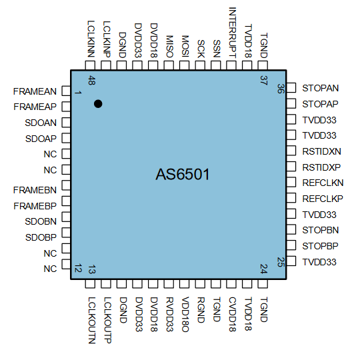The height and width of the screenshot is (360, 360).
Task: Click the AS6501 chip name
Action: coord(183,175)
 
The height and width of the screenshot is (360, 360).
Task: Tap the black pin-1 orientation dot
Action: coord(98,103)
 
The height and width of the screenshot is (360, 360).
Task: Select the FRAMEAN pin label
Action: coord(35,91)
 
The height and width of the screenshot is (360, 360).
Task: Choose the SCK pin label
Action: coord(201,48)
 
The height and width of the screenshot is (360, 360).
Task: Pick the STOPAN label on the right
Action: coord(320,88)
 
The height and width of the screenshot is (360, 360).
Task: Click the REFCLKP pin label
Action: coord(322,199)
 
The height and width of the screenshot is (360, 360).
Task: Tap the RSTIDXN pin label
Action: coord(321,151)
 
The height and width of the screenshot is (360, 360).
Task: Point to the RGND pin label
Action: coord(201,309)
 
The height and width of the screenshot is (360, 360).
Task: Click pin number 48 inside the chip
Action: coord(91,81)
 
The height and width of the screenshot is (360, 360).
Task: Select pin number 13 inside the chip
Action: coord(91,270)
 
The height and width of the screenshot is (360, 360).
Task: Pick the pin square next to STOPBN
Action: coord(291,230)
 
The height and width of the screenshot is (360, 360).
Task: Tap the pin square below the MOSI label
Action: coord(185,65)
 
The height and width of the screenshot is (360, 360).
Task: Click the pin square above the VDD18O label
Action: coord(185,284)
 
